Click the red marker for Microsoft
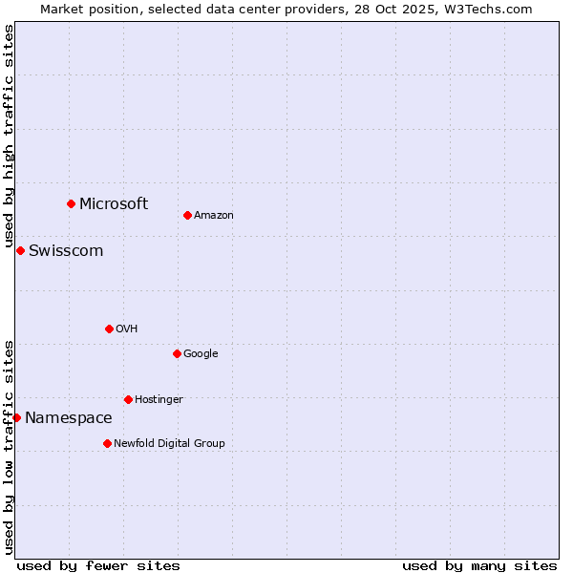71,203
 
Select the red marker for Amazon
187,215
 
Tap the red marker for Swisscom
20,250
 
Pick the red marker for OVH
109,329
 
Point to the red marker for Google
177,353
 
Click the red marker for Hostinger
128,399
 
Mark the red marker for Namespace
16,417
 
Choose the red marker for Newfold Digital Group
107,443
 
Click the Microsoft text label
114,203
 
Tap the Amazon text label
214,215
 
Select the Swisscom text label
66,250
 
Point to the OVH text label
127,329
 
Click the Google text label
201,353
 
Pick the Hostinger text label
159,399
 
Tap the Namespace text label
69,417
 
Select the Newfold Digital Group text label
170,443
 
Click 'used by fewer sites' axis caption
98,565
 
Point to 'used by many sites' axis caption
479,565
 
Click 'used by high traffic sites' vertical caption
9,136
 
